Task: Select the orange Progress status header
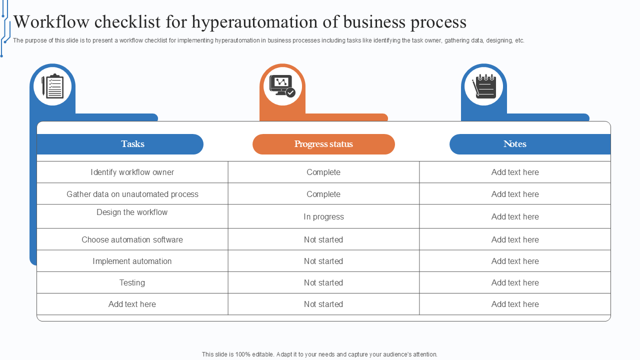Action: coord(323,144)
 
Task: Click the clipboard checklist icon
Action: coord(52,86)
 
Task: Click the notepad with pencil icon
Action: coord(484,86)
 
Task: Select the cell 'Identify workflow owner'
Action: coord(132,172)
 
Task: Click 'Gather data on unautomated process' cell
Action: coord(132,194)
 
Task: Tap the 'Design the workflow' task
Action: coord(132,212)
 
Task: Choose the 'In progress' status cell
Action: coord(323,216)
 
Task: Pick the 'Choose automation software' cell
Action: coord(132,239)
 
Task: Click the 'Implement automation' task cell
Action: coord(132,261)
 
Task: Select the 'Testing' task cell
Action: coord(132,282)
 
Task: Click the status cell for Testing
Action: coord(323,282)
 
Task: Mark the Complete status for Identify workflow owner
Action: coord(323,172)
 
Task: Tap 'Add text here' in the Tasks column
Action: coord(132,304)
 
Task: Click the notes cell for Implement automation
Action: coord(515,261)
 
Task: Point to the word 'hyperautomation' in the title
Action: coord(254,22)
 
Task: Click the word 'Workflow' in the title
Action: coord(51,21)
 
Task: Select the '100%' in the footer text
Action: coord(242,354)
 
